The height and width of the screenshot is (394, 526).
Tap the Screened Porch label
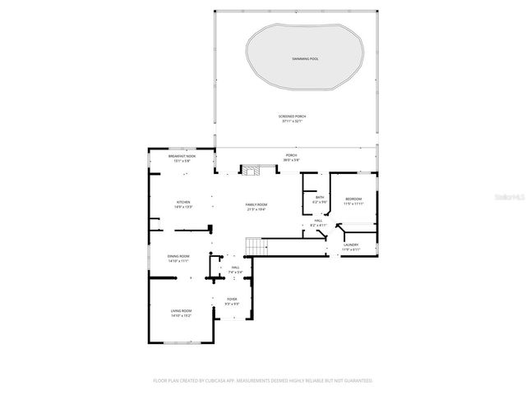(x=291, y=117)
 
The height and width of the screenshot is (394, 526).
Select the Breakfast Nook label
(x=182, y=156)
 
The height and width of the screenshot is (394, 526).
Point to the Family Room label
(x=256, y=204)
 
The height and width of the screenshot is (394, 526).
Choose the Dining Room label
(x=178, y=256)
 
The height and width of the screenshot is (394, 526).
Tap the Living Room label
(x=181, y=310)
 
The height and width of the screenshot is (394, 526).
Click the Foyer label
(x=232, y=300)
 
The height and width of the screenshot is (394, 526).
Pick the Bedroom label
(x=353, y=199)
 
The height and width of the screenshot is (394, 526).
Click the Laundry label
(x=351, y=244)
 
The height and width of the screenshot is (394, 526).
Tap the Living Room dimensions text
(x=181, y=315)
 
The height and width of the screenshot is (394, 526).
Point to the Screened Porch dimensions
(x=291, y=121)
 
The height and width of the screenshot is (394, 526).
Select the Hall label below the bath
(x=318, y=221)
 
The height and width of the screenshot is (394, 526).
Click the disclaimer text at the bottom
(x=263, y=381)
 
